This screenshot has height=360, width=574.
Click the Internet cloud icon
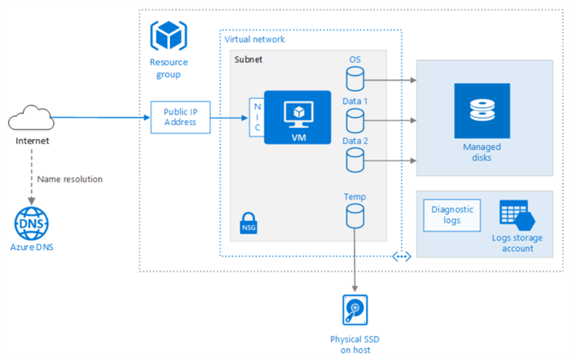[31, 116]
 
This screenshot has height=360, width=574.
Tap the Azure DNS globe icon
[31, 223]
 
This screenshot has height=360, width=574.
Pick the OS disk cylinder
[354, 76]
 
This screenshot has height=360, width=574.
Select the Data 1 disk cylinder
[354, 117]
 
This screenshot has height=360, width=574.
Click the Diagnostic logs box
[452, 214]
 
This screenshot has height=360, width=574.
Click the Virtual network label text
[255, 39]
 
